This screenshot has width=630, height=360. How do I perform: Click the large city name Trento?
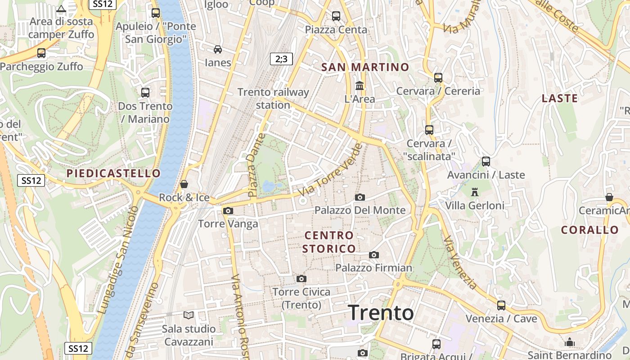click(381, 313)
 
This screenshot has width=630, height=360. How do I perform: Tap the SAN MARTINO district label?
click(365, 67)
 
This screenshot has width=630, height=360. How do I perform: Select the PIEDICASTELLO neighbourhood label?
click(113, 173)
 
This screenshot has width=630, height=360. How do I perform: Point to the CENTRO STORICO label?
click(329, 242)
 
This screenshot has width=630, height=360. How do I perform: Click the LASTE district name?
click(559, 99)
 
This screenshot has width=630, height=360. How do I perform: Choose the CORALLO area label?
click(590, 230)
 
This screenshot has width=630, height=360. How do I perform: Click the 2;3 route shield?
click(281, 58)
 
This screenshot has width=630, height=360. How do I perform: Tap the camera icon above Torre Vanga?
click(228, 211)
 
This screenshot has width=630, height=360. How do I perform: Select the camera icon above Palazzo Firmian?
click(373, 255)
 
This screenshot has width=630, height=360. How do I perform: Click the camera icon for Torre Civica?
click(301, 279)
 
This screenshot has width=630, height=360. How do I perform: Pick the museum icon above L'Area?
click(359, 85)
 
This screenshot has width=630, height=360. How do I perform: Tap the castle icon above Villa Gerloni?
click(474, 192)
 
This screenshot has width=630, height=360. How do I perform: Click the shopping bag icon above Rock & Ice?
click(184, 184)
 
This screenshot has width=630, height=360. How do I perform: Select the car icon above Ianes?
click(218, 49)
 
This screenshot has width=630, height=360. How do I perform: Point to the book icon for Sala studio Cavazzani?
click(188, 315)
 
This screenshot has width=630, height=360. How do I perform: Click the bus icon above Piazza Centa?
click(336, 16)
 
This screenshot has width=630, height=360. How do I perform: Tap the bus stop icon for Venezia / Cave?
click(501, 306)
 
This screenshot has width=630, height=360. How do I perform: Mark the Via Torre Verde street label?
click(331, 170)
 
